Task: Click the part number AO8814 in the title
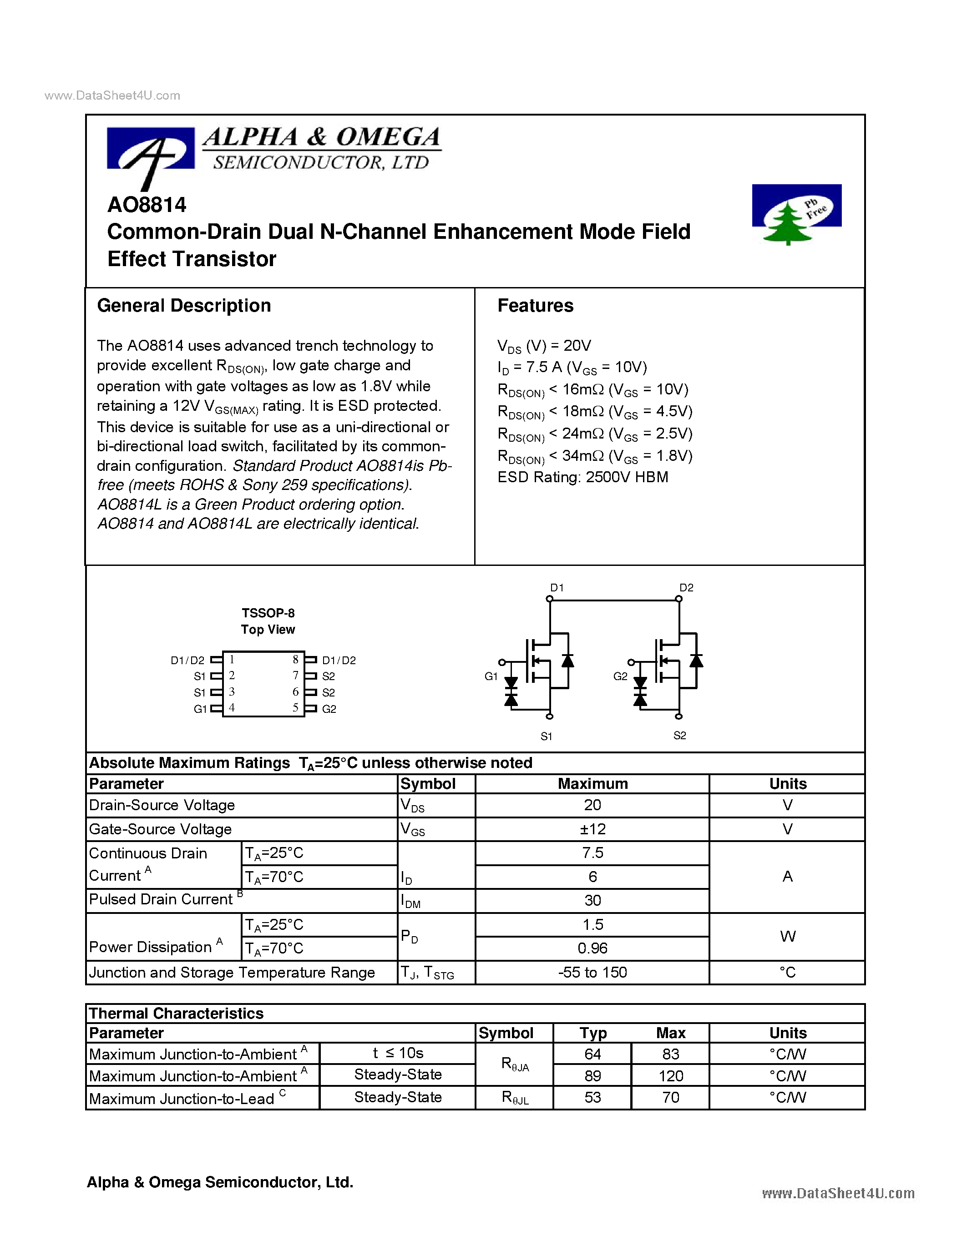point(147,205)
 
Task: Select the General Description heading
point(184,306)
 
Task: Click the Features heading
point(535,306)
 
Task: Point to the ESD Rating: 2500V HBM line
point(582,477)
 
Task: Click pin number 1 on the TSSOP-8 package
point(232,659)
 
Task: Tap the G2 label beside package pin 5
point(329,709)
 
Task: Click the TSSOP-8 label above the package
point(268,613)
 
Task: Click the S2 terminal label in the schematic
point(679,736)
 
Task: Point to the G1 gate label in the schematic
point(491,676)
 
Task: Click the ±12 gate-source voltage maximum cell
point(592,829)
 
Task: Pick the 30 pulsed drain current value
point(592,900)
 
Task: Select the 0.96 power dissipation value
point(592,948)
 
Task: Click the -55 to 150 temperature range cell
point(592,973)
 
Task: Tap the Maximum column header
point(592,784)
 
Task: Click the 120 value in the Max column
point(671,1076)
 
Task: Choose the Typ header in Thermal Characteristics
point(592,1033)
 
